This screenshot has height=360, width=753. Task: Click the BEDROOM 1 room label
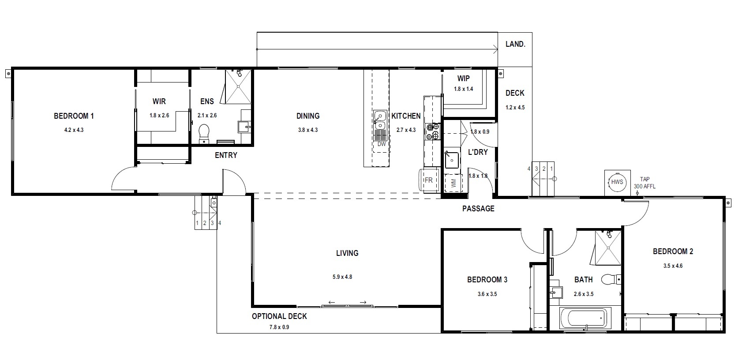[74, 116]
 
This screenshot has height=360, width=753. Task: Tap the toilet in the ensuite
[204, 134]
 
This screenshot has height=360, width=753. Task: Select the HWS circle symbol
[617, 182]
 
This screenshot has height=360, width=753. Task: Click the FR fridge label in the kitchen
[428, 180]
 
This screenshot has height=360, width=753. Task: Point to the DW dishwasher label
[382, 144]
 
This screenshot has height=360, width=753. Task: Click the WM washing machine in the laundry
[453, 183]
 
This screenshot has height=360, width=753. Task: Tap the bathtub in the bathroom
[585, 318]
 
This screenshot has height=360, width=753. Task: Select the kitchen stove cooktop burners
[433, 131]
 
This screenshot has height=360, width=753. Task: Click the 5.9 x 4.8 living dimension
[342, 277]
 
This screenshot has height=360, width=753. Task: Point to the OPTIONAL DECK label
[279, 316]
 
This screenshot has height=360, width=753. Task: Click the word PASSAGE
[478, 209]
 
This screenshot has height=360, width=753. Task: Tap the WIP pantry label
[463, 79]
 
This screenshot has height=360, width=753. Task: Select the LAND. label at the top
[515, 44]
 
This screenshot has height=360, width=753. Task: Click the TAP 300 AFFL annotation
[644, 183]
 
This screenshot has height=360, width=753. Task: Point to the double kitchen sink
[380, 120]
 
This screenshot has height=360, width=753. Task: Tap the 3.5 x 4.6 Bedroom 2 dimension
[673, 266]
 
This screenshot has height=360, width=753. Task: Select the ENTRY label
[226, 155]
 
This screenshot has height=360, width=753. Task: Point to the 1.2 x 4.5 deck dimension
[515, 108]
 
